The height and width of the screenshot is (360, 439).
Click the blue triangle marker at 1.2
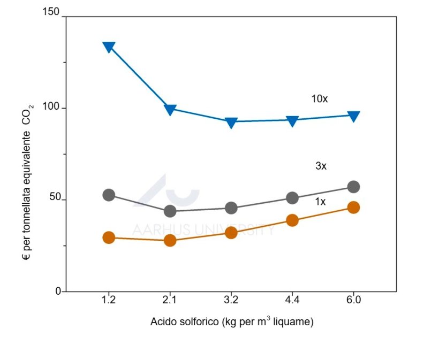(109, 47)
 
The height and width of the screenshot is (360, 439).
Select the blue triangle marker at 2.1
(170, 110)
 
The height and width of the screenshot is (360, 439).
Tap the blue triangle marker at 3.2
(231, 122)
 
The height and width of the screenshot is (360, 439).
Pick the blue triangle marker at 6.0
(353, 116)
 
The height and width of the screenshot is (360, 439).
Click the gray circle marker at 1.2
(109, 195)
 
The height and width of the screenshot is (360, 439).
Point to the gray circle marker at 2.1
(170, 211)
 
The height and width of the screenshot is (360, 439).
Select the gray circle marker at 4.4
(292, 198)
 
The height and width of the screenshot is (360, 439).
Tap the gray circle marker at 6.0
(353, 187)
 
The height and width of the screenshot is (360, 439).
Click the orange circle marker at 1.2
(109, 238)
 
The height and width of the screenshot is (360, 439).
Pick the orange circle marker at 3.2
(231, 232)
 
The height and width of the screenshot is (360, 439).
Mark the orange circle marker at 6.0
(353, 208)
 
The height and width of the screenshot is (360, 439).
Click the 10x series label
(319, 99)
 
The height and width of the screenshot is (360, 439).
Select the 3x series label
(321, 166)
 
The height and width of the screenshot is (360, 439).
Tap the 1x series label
(321, 202)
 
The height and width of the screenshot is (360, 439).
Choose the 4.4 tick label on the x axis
(292, 300)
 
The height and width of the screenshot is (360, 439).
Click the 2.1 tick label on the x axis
(170, 300)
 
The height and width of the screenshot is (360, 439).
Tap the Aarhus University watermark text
(203, 230)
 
